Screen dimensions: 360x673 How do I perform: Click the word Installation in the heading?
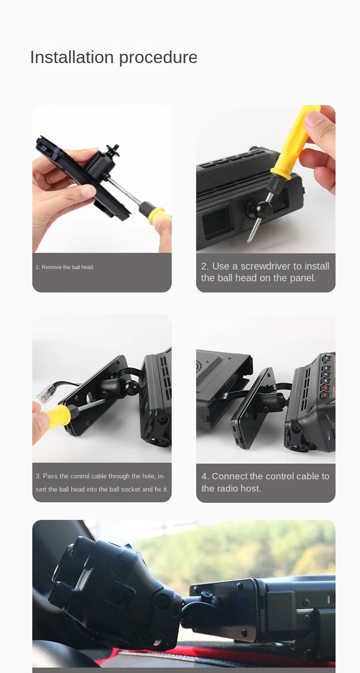pyautogui.click(x=72, y=57)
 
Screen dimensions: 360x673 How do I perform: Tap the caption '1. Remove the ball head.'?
pyautogui.click(x=65, y=267)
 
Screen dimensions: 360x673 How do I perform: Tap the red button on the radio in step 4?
pyautogui.click(x=325, y=396)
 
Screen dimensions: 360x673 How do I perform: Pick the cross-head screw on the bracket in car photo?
pyautogui.click(x=207, y=594)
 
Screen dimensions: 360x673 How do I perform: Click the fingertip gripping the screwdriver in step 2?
pyautogui.click(x=314, y=117)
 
